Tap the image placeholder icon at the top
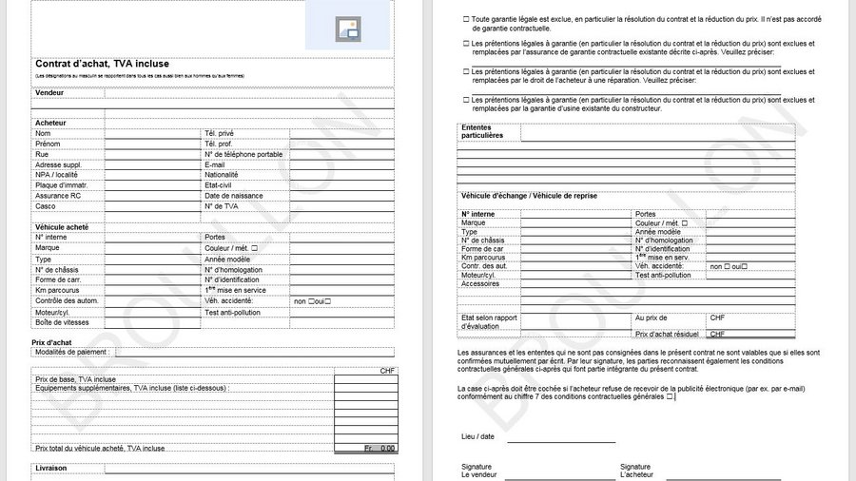348,29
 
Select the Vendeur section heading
49,92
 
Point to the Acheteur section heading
51,124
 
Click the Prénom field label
49,144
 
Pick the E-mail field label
215,164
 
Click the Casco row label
46,205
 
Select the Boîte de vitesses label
62,321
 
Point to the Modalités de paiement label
72,352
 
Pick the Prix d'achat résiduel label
667,334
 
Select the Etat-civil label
221,184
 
